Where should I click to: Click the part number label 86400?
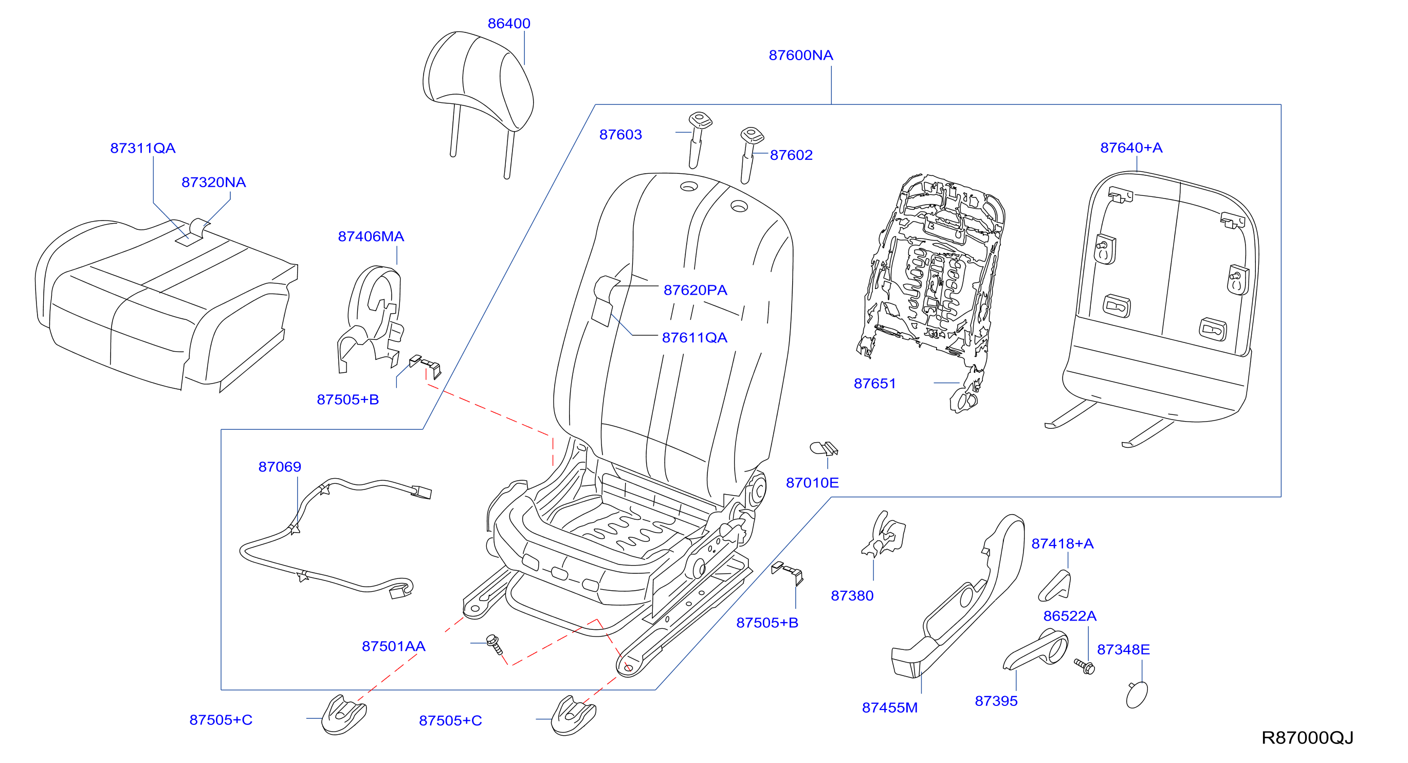click(x=509, y=24)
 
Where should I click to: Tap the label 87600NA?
click(x=801, y=55)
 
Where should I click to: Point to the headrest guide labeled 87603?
click(x=699, y=139)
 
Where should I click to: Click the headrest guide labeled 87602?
click(x=750, y=155)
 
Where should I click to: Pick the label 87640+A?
click(x=1131, y=148)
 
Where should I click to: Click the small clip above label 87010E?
click(x=824, y=448)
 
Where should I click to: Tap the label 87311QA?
click(x=143, y=148)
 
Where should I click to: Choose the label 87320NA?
click(x=214, y=182)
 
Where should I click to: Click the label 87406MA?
click(x=371, y=236)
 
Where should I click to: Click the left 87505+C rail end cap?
click(x=344, y=715)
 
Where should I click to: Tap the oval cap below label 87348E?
click(x=1137, y=695)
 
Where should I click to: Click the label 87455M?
click(x=890, y=708)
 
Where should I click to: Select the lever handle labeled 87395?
click(x=1036, y=650)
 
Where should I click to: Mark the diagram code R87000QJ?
click(x=1307, y=738)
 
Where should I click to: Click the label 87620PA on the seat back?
click(x=695, y=290)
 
